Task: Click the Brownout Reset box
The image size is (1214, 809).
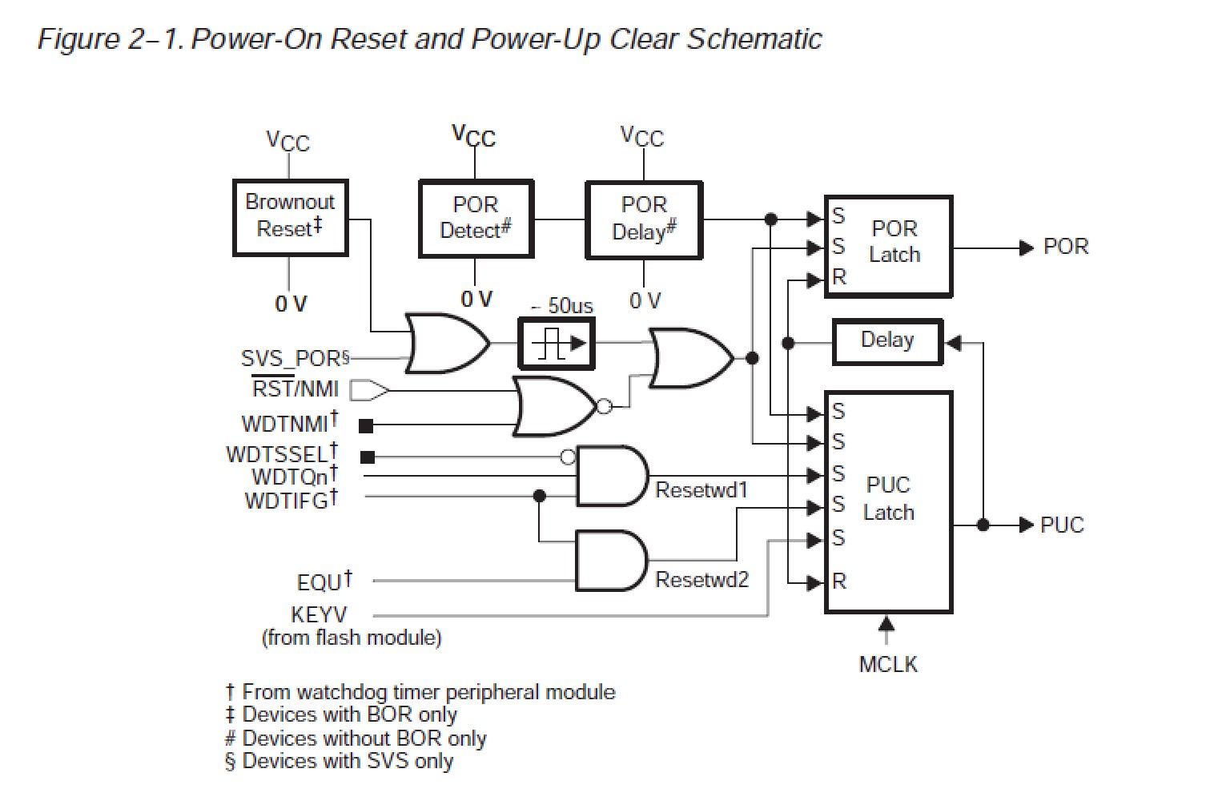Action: pyautogui.click(x=289, y=217)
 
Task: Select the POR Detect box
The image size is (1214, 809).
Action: pyautogui.click(x=476, y=218)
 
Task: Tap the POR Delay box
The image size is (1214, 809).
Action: pyautogui.click(x=644, y=219)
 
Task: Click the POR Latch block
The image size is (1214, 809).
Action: pyautogui.click(x=888, y=245)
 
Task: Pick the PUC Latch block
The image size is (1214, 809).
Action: pyautogui.click(x=888, y=501)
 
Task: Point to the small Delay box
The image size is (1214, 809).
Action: pyautogui.click(x=887, y=341)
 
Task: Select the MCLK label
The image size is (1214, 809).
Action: pyautogui.click(x=887, y=665)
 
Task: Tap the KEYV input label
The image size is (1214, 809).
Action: pyautogui.click(x=320, y=615)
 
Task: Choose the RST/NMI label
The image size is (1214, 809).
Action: pyautogui.click(x=295, y=389)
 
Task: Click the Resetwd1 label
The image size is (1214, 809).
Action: pyautogui.click(x=701, y=489)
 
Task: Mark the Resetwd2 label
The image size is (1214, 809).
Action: pyautogui.click(x=701, y=579)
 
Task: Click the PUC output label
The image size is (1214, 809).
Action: pyautogui.click(x=1062, y=525)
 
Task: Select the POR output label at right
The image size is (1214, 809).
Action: pyautogui.click(x=1066, y=247)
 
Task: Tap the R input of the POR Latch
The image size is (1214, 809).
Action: pyautogui.click(x=838, y=278)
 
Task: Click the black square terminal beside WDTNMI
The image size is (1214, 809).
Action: pyautogui.click(x=366, y=425)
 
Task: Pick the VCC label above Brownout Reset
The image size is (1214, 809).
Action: pyautogui.click(x=287, y=142)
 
